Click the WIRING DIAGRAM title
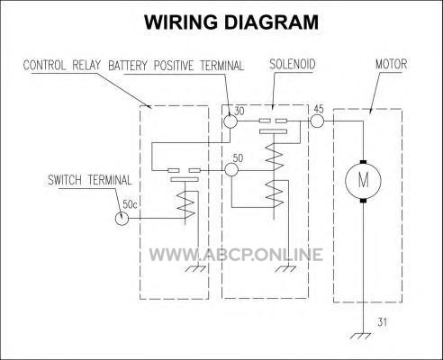pos(231,22)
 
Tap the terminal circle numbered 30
pos(231,121)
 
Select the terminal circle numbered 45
pos(317,121)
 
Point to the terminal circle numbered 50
pos(231,170)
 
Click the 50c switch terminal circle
pos(122,219)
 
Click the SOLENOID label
pos(293,64)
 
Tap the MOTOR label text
pos(392,64)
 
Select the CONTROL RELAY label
pos(62,66)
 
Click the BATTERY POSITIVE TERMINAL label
pos(176,66)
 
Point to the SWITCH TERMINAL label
pos(90,180)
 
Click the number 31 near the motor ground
pos(382,322)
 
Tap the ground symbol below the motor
pos(360,336)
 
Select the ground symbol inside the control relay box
pos(195,269)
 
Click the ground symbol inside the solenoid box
pos(285,269)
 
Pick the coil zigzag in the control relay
pos(185,204)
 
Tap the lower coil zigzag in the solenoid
pos(275,193)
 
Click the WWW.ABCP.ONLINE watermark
pos(236,255)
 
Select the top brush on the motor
pos(363,162)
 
